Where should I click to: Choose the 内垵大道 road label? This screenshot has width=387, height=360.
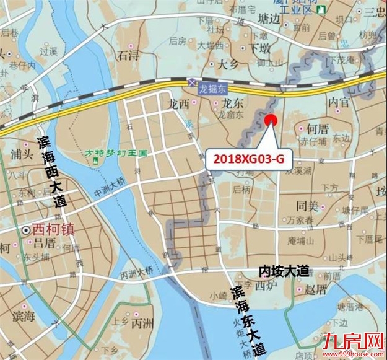[x=283, y=271]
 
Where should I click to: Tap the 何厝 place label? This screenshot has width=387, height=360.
[x=318, y=128]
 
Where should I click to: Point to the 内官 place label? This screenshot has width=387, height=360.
[x=339, y=101]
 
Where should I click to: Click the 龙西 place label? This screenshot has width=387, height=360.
[x=178, y=104]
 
